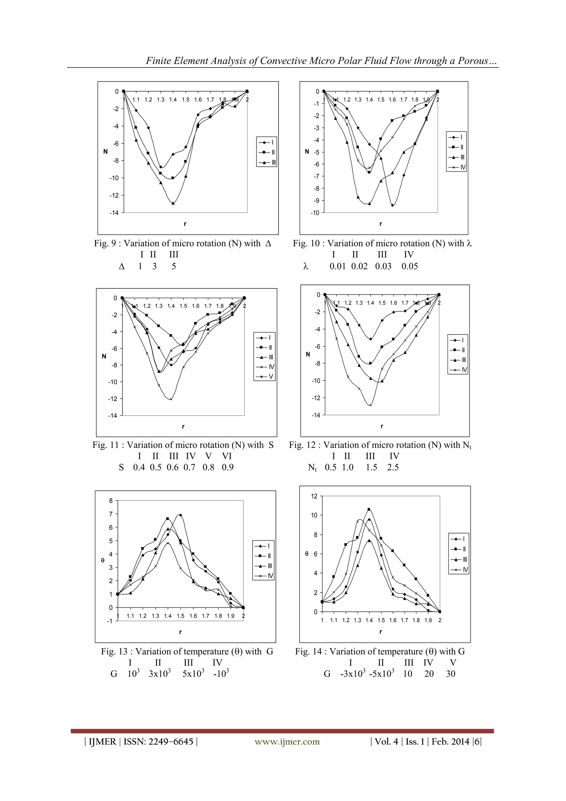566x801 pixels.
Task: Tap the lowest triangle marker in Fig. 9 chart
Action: (173, 203)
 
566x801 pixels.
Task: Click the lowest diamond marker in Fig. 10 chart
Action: (392, 205)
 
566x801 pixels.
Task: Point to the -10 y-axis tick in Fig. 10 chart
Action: (315, 213)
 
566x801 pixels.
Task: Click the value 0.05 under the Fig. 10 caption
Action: (409, 267)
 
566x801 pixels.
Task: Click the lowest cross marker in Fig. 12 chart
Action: (370, 405)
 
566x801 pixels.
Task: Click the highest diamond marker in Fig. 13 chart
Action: (180, 515)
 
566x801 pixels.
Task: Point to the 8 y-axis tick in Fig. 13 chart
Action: (111, 501)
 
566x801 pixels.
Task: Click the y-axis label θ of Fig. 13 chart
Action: (103, 561)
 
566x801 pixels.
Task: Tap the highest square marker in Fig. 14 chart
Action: (369, 509)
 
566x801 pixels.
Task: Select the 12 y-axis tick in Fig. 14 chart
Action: (314, 496)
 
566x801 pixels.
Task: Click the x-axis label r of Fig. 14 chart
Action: (381, 632)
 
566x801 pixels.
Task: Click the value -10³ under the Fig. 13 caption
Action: (221, 674)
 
